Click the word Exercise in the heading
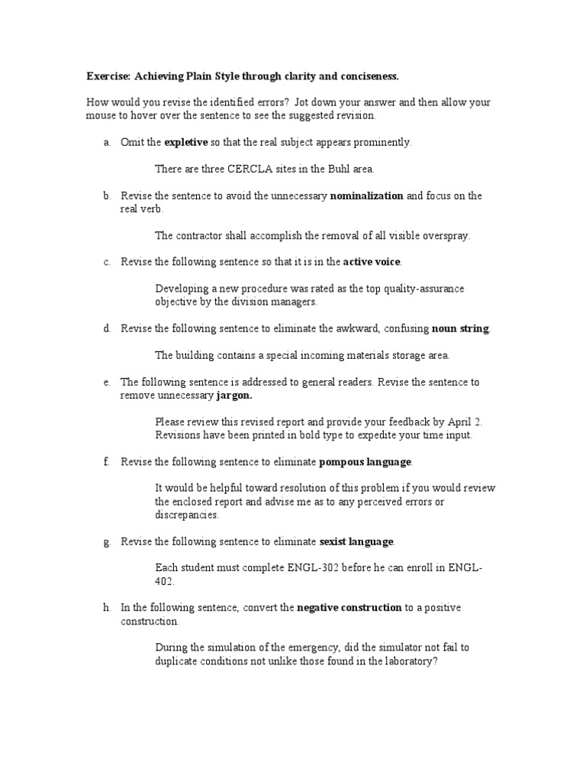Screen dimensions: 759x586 tap(108, 76)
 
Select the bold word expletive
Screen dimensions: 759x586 tap(186, 142)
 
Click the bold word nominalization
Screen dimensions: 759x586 tap(366, 195)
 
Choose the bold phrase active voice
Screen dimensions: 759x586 tap(372, 262)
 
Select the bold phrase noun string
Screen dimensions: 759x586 tap(460, 328)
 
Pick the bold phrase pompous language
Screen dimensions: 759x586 tap(365, 461)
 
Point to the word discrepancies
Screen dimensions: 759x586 tap(187, 515)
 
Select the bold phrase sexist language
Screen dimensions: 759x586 tap(356, 541)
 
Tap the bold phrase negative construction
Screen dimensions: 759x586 tap(349, 608)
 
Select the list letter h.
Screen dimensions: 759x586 tap(108, 608)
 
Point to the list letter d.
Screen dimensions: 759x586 tap(108, 328)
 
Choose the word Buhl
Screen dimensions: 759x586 tap(336, 169)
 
